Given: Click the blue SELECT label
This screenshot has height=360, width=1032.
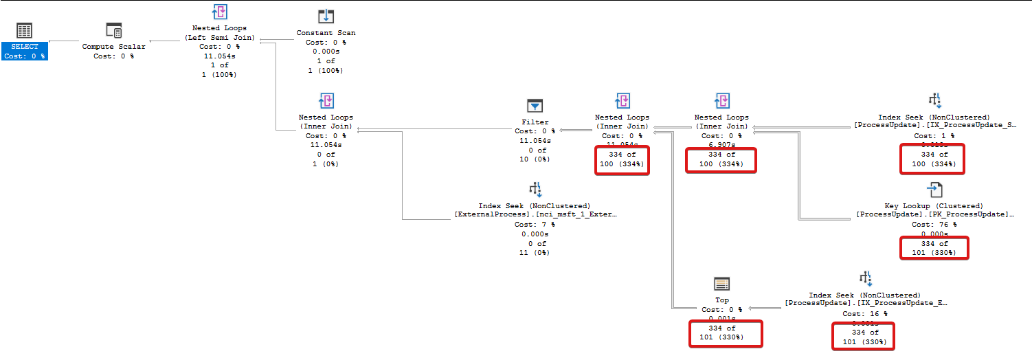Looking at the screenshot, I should tap(25, 47).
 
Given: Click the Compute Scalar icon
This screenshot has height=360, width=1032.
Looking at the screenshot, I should tap(113, 30).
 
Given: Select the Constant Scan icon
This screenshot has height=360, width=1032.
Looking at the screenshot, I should tap(326, 16).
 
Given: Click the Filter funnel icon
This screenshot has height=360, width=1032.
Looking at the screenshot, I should tap(535, 106).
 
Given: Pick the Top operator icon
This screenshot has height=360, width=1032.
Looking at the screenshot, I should tap(721, 284).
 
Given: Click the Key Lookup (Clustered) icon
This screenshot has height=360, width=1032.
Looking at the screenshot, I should tap(934, 190).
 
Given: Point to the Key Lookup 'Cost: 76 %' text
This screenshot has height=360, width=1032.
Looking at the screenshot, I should tap(934, 225).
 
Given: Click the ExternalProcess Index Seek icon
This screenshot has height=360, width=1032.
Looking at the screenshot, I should tap(535, 189).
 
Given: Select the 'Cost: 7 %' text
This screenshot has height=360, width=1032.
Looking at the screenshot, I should tap(535, 225).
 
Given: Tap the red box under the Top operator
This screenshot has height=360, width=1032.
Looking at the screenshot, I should tap(726, 333).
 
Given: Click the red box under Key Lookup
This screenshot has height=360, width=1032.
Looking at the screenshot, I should tap(934, 248).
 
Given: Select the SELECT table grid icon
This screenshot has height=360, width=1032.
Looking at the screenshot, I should tap(25, 30).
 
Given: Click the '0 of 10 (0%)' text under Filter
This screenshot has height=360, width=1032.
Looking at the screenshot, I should tap(533, 155).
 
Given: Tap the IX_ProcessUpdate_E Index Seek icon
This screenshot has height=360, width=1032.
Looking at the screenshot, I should tap(865, 278).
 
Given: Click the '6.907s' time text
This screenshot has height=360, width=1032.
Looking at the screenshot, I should tap(721, 145).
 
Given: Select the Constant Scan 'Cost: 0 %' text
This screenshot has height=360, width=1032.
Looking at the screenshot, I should tap(326, 42).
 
